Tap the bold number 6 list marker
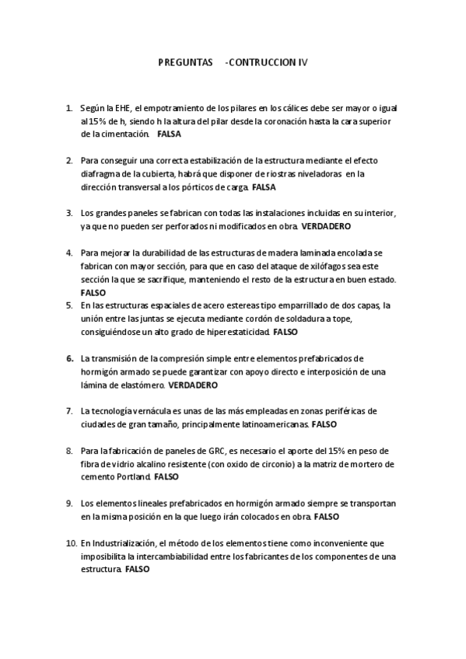[70, 358]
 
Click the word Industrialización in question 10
[123, 542]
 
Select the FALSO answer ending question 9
[327, 516]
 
